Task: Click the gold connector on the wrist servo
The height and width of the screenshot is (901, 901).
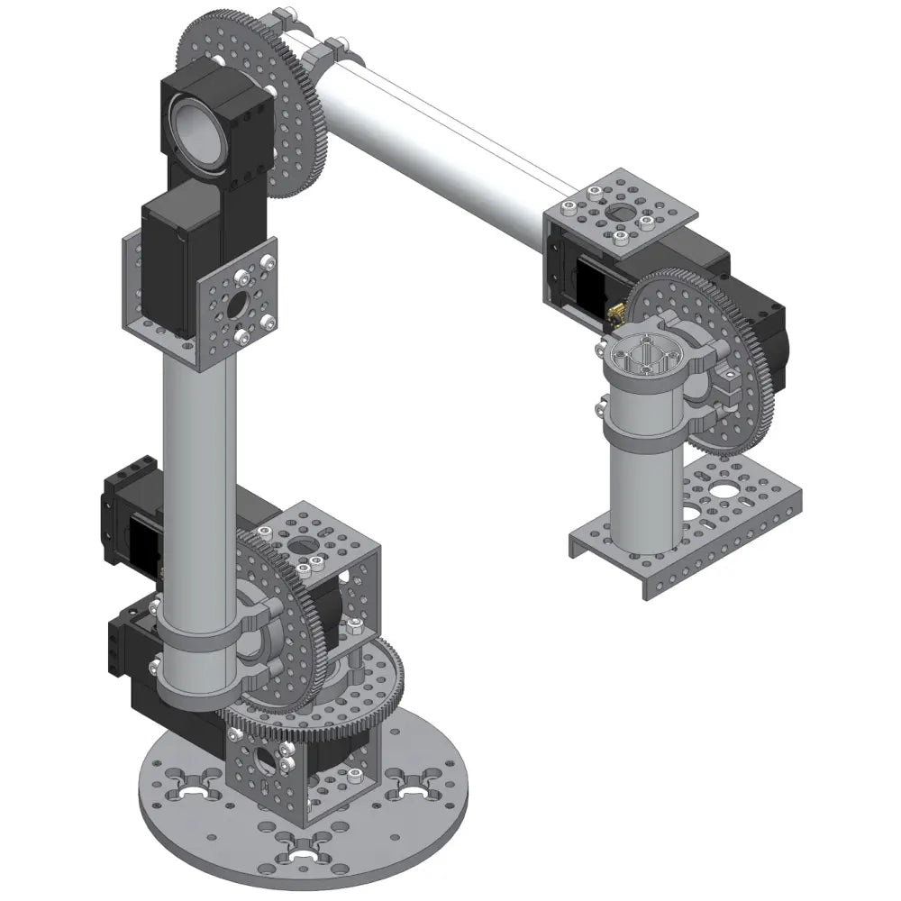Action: [x=617, y=313]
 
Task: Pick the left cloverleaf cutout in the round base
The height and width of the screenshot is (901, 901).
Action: [x=194, y=791]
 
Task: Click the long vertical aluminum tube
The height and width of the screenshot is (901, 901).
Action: [x=198, y=469]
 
